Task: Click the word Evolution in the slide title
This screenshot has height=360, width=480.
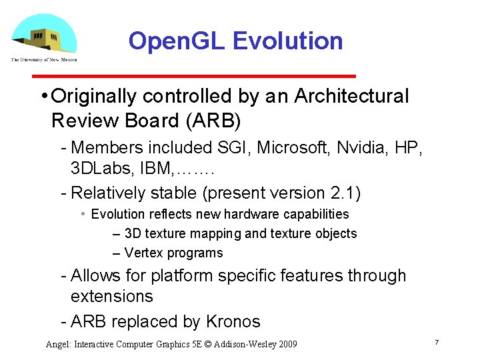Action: pyautogui.click(x=287, y=41)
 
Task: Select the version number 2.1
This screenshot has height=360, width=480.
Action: pyautogui.click(x=343, y=193)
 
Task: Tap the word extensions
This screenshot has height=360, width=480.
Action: pyautogui.click(x=111, y=297)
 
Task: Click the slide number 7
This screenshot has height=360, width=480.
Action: pyautogui.click(x=436, y=342)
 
